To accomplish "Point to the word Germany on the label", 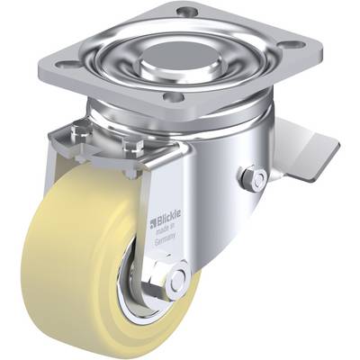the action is tap(165, 241).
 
